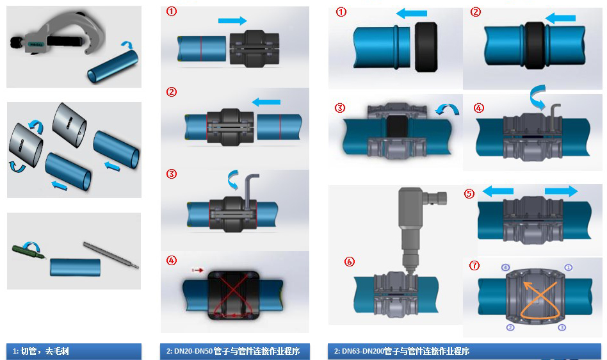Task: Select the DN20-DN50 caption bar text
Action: click(x=237, y=351)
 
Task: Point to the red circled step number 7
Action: click(x=474, y=265)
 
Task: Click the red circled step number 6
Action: click(x=349, y=261)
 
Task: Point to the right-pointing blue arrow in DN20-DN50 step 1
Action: click(x=232, y=21)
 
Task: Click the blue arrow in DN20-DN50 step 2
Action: click(x=266, y=101)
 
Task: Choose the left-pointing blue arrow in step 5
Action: click(x=498, y=190)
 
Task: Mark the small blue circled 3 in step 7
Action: click(x=562, y=327)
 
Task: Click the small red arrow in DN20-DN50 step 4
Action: click(x=197, y=271)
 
